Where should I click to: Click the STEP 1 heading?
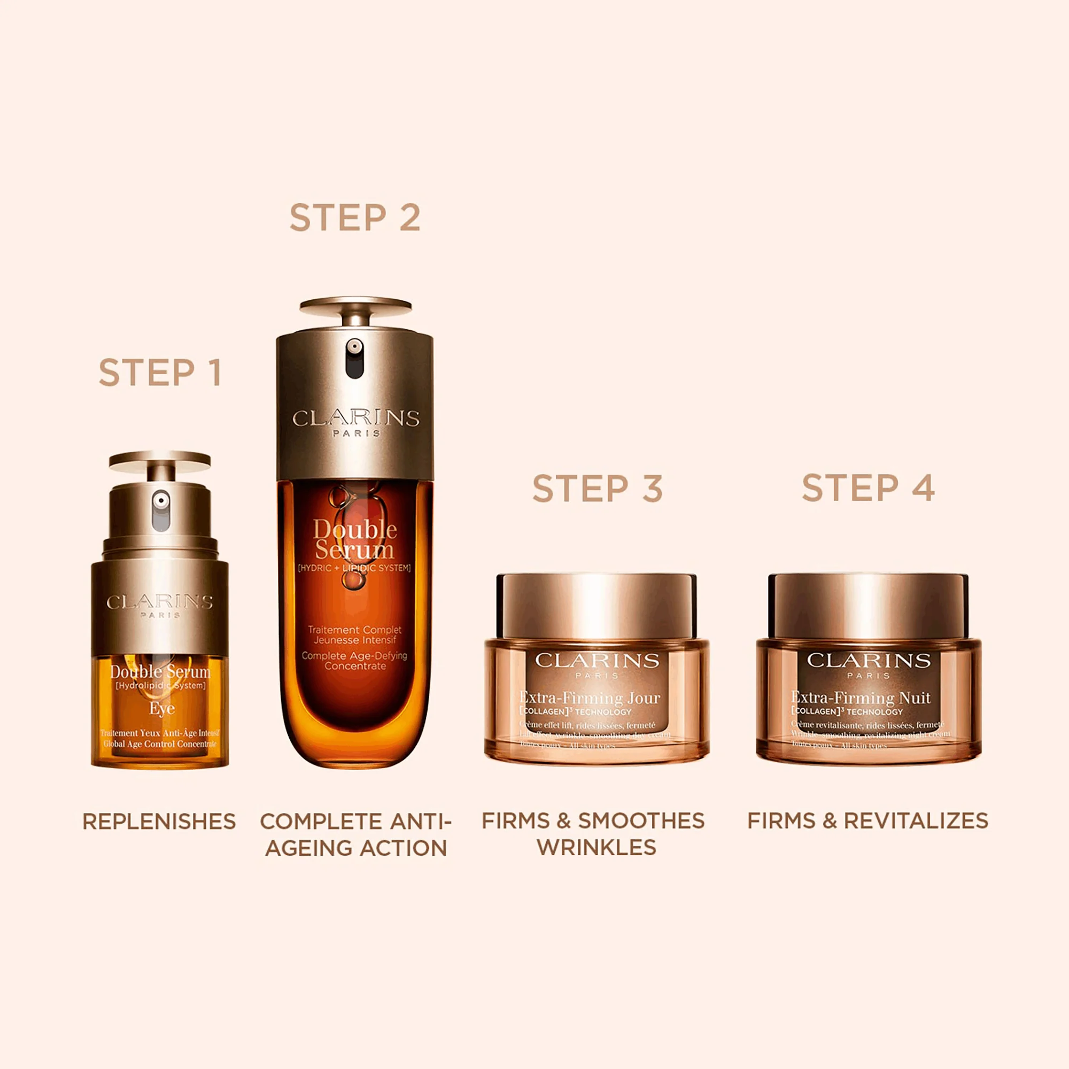[x=160, y=373]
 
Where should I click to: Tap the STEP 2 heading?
[x=355, y=218]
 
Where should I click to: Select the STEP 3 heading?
[x=597, y=489]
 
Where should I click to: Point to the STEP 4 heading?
[x=868, y=488]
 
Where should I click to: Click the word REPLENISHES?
[x=159, y=822]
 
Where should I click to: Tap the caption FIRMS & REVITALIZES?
[x=867, y=820]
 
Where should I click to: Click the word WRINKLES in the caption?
[x=597, y=848]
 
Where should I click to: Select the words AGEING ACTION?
[x=355, y=848]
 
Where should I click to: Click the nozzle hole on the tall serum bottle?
[x=355, y=347]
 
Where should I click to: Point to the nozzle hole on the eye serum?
[x=160, y=500]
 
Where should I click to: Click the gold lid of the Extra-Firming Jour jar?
[x=597, y=606]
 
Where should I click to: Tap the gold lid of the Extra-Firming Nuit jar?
[x=868, y=606]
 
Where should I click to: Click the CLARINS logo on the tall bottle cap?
[x=355, y=419]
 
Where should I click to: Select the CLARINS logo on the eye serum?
[x=160, y=602]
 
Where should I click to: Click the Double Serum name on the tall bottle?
[x=355, y=540]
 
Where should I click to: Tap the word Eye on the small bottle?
[x=161, y=708]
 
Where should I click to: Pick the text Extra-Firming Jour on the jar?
[x=590, y=698]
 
